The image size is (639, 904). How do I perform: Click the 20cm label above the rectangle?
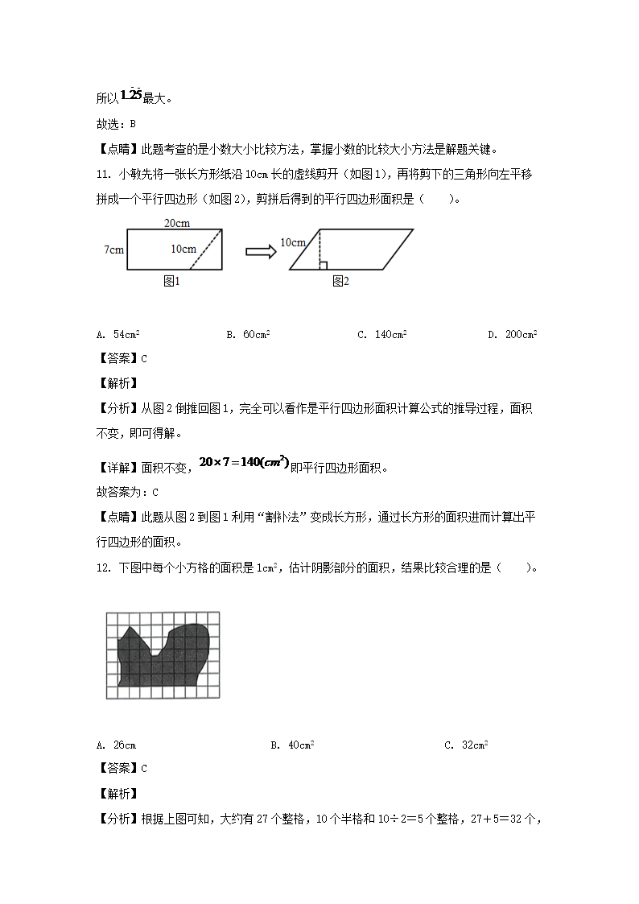pos(175,223)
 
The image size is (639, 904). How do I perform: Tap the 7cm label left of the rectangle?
pos(113,250)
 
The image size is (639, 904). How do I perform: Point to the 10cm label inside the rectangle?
pos(183,249)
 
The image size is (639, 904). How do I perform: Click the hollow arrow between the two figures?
pos(260,251)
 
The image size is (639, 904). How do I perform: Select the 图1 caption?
pos(171,281)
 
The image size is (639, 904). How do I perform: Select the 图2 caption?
pos(340,281)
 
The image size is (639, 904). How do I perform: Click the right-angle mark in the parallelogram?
pos(323,265)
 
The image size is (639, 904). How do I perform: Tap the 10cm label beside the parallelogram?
pos(293,242)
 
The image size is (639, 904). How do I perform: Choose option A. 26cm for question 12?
pos(115,745)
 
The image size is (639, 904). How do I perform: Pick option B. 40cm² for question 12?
pos(292,745)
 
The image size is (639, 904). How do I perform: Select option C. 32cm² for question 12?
pos(466,745)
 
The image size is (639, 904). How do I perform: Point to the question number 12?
pos(102,568)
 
